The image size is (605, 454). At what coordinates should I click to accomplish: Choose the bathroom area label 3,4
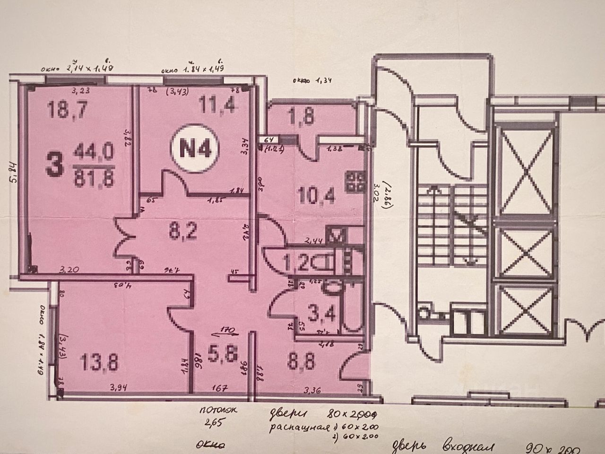(319, 313)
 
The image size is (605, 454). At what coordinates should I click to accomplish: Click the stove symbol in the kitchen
(355, 182)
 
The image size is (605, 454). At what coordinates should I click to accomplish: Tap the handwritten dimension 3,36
(312, 391)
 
